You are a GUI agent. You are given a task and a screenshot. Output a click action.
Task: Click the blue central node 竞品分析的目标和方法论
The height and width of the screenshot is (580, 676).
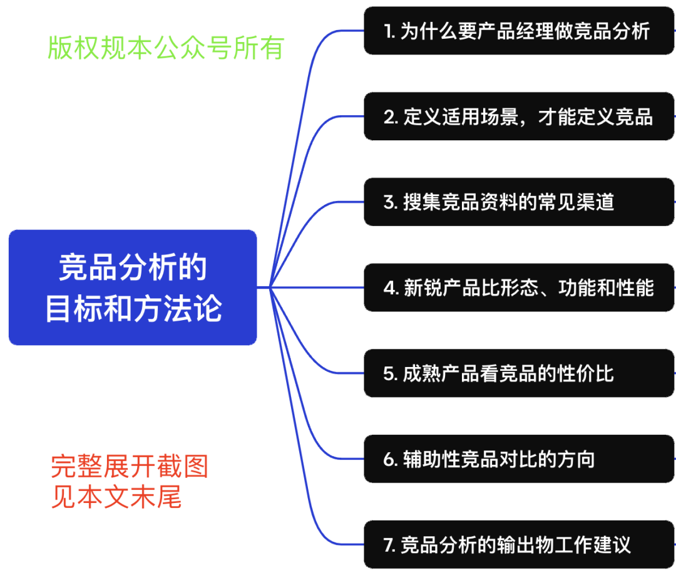(x=133, y=287)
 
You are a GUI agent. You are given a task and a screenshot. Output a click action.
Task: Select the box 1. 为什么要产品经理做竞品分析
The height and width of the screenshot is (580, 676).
(x=519, y=31)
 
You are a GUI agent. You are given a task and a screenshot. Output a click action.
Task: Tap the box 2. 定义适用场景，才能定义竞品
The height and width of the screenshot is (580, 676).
(x=519, y=117)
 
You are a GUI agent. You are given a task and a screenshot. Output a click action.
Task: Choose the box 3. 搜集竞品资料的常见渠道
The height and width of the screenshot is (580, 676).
(x=519, y=202)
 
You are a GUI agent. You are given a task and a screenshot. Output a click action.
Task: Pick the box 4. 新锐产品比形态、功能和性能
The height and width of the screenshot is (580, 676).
(x=519, y=287)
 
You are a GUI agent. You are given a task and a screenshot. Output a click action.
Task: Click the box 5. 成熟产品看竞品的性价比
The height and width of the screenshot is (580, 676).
(x=519, y=373)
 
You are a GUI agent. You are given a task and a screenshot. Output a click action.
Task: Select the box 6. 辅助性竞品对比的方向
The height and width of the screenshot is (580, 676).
(x=519, y=459)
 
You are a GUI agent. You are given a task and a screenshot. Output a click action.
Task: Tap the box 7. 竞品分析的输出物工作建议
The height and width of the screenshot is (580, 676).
(x=519, y=544)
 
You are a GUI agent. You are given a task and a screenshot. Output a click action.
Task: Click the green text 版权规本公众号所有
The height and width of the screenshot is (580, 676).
(x=166, y=48)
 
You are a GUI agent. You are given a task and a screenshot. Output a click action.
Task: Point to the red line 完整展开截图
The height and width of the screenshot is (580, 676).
(x=130, y=467)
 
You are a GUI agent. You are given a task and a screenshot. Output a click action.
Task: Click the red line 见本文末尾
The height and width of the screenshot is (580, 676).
(x=116, y=497)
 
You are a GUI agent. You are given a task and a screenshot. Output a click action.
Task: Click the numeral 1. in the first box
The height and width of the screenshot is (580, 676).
(x=390, y=31)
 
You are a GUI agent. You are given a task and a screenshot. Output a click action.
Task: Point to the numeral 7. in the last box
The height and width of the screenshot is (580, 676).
(x=390, y=545)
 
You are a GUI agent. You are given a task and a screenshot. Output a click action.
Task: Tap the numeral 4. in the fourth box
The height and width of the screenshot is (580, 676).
(x=391, y=288)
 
